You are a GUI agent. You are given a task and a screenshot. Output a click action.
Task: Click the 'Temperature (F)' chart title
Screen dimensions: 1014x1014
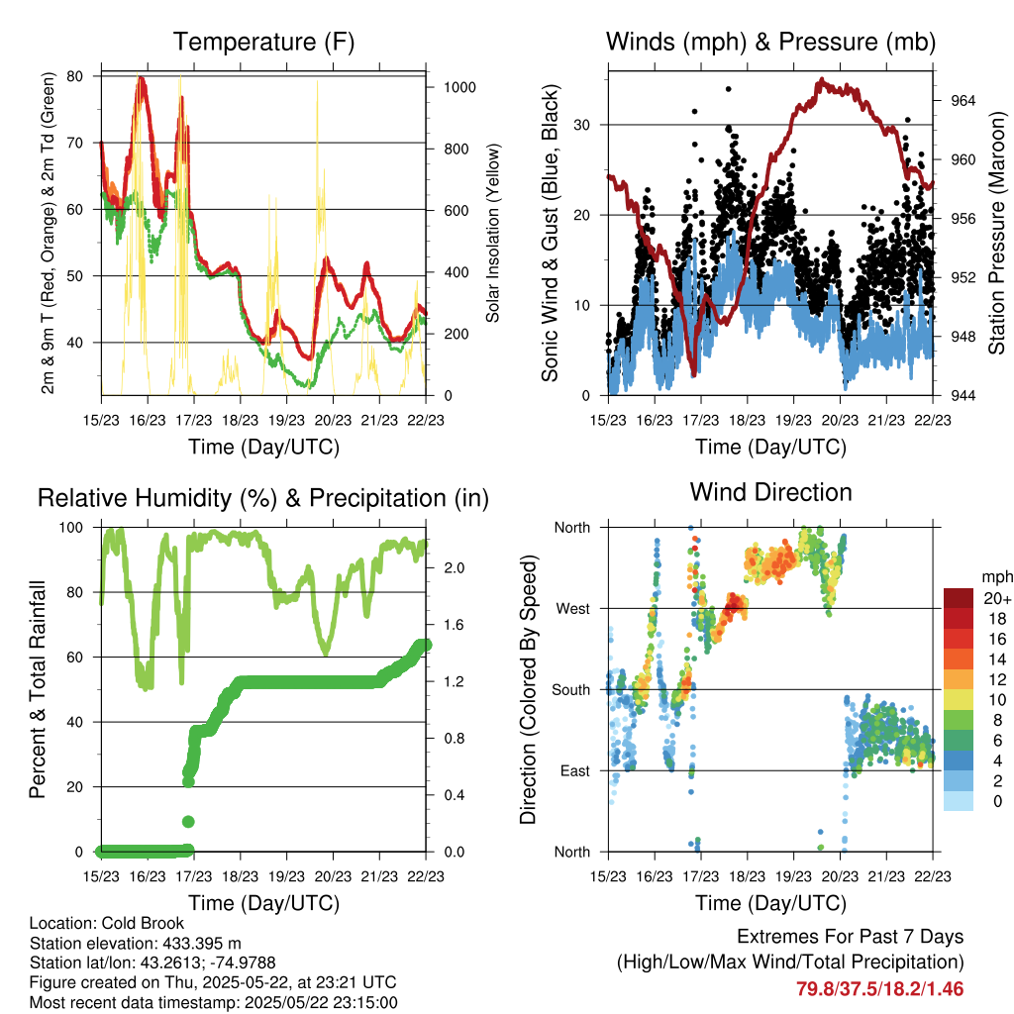point(263,42)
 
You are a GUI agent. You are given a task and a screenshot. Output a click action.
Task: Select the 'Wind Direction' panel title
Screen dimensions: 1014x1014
point(770,492)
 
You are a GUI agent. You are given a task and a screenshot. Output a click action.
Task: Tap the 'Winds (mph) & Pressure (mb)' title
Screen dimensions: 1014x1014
point(770,42)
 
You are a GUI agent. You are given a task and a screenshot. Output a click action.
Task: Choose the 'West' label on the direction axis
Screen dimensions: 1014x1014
point(572,608)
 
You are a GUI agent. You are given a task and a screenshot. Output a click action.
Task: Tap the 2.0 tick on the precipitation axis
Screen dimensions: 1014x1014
point(445,568)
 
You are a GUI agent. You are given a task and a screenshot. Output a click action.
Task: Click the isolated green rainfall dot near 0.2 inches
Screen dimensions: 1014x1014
point(187,821)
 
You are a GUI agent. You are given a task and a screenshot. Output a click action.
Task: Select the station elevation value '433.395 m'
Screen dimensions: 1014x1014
point(198,944)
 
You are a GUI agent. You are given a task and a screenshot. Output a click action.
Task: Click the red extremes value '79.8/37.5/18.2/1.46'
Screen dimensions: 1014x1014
point(879,988)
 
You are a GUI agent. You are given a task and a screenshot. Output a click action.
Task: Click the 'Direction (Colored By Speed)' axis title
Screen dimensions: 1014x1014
point(529,689)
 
